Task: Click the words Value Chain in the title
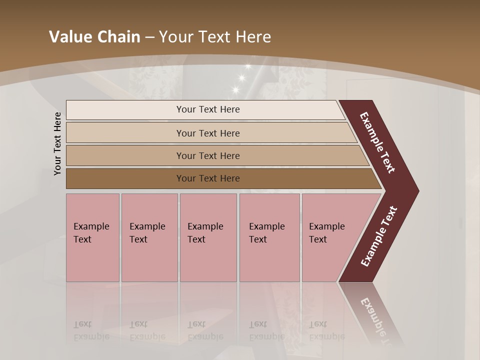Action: coord(94,37)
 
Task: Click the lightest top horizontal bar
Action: coord(207,109)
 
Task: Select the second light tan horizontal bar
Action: coord(207,133)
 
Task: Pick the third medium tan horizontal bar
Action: coord(207,155)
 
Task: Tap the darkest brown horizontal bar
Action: coord(207,178)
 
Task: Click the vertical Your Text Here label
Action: coord(57,143)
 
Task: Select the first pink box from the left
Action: coord(92,237)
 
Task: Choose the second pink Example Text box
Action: coord(149,237)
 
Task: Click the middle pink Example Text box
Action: coord(208,237)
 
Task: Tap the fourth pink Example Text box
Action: coord(269,237)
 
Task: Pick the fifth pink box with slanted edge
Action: coord(330,237)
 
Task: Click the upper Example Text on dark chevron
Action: coord(378,142)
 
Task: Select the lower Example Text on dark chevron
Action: coord(378,236)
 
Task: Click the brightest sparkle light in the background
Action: coord(242,77)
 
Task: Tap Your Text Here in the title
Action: coord(215,37)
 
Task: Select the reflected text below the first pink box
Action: coord(91,330)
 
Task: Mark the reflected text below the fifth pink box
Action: coord(326,330)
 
